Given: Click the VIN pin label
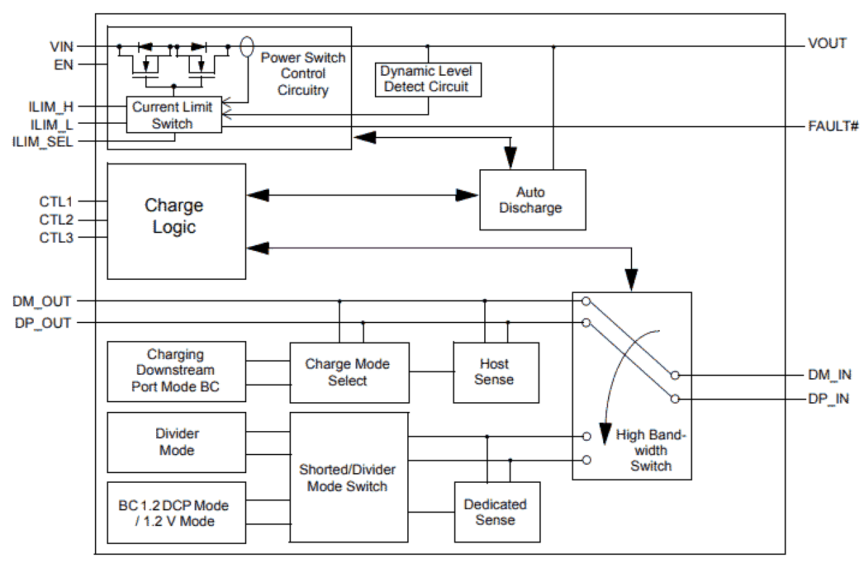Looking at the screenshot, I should tap(62, 47).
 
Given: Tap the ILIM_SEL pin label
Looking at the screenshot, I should tap(43, 142).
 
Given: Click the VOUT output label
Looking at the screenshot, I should tap(827, 43).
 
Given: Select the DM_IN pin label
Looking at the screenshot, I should tap(830, 375).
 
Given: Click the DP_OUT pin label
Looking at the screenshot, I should tap(42, 323).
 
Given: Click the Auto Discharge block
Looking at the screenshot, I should tap(532, 199).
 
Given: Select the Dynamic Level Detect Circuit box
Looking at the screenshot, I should tap(426, 79).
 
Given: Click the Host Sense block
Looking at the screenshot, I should tap(495, 372).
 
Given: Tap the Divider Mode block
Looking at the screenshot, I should tap(176, 442).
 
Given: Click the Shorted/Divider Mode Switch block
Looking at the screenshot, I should tap(348, 478).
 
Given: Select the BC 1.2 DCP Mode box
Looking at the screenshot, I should tap(176, 513).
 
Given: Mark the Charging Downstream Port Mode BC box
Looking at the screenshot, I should tap(176, 371).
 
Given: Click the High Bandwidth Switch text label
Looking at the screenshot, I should tap(649, 450).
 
